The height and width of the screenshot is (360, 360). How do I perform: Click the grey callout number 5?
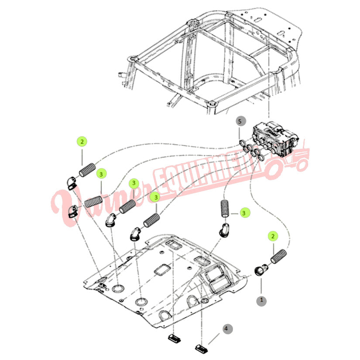click(240, 121)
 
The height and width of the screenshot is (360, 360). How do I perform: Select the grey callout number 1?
click(261, 300)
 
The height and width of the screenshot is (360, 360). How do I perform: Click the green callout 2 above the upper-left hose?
click(82, 141)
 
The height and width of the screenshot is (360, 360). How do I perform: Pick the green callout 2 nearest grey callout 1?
click(273, 236)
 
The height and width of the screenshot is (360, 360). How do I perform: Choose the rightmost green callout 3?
click(244, 213)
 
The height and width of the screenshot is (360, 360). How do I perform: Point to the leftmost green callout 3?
click(101, 174)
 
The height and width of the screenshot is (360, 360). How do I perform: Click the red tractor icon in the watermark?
click(288, 159)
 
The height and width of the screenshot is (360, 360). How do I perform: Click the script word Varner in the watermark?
click(101, 202)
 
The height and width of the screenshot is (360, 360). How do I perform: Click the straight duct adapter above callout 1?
click(261, 270)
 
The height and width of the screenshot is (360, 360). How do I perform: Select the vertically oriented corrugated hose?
click(225, 209)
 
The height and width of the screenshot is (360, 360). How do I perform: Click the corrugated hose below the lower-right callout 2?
click(279, 256)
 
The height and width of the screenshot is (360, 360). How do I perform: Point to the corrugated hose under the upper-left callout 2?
click(87, 170)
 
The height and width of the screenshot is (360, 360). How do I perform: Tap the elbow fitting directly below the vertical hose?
click(223, 230)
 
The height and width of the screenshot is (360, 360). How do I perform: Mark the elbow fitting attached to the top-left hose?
click(72, 183)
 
